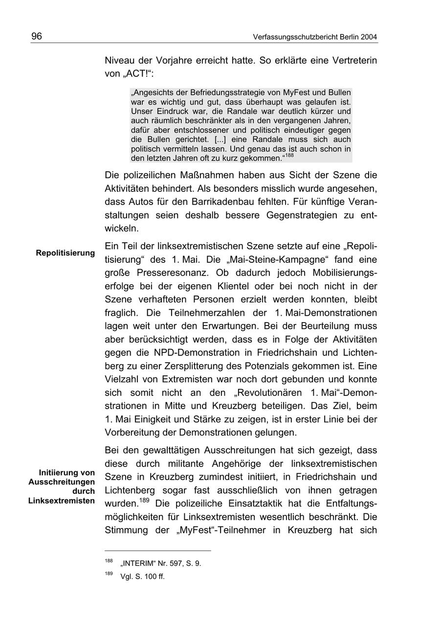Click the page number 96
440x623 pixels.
pos(37,37)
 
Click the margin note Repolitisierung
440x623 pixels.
pos(65,253)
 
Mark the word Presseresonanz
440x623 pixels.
pos(176,273)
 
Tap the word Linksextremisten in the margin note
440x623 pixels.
pos(62,501)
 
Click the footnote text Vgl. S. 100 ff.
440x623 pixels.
pos(142,577)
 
